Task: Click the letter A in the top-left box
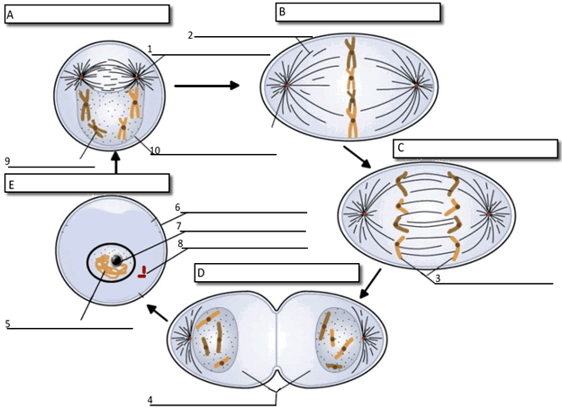[10, 14]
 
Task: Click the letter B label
[282, 12]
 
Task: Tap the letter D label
[201, 273]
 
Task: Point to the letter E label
[11, 184]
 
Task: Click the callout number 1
[150, 49]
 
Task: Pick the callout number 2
[190, 36]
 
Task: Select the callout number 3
[437, 277]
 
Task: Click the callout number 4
[150, 398]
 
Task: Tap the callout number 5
[7, 323]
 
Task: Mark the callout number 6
[177, 207]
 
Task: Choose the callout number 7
[179, 226]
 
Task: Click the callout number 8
[179, 243]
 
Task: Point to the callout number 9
[7, 161]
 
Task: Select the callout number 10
[155, 150]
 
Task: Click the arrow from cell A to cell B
[206, 86]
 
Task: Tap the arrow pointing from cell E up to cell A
[116, 163]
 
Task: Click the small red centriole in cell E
[141, 271]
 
